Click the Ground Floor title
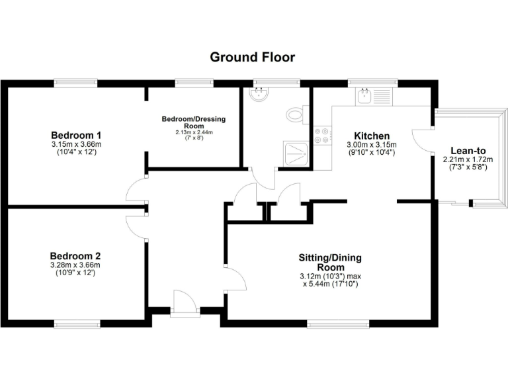coord(253,57)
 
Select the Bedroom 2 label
coord(75,256)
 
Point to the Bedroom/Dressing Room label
coord(194,122)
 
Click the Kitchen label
coord(371,136)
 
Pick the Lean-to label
coord(464,150)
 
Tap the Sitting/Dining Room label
coord(330,262)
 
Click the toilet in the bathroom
coord(296,115)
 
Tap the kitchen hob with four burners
coord(323,135)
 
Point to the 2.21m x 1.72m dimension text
coord(464,159)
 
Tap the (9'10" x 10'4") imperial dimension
coord(371,153)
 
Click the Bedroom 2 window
coord(77,323)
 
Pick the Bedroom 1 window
coord(77,83)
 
